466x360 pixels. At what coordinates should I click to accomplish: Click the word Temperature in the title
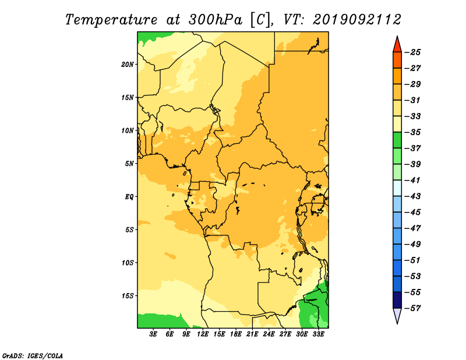pyautogui.click(x=111, y=20)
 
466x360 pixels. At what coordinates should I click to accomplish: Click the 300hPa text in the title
pyautogui.click(x=215, y=20)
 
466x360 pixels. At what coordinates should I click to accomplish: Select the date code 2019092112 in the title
pyautogui.click(x=357, y=20)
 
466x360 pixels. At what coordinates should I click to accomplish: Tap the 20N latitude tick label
pyautogui.click(x=127, y=65)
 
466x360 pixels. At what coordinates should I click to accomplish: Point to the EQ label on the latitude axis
pyautogui.click(x=129, y=197)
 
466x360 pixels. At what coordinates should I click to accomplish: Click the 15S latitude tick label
pyautogui.click(x=127, y=296)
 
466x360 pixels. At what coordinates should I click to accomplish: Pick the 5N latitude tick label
pyautogui.click(x=129, y=164)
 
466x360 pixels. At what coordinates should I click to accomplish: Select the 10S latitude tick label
pyautogui.click(x=127, y=263)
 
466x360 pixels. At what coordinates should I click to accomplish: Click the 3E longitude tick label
pyautogui.click(x=153, y=334)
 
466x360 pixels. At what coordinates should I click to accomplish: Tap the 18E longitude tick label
pyautogui.click(x=235, y=334)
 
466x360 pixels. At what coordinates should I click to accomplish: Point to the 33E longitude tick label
pyautogui.click(x=318, y=334)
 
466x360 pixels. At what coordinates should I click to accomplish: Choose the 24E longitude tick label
pyautogui.click(x=269, y=334)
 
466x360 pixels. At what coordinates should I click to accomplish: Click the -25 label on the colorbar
pyautogui.click(x=412, y=52)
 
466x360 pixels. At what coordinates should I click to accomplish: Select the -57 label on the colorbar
pyautogui.click(x=412, y=308)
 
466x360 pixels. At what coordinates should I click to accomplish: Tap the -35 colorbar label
pyautogui.click(x=412, y=132)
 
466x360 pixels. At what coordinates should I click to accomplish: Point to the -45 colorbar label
pyautogui.click(x=412, y=212)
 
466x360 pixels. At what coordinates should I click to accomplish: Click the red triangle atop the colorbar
pyautogui.click(x=397, y=45)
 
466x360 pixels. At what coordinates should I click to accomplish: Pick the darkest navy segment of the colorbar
pyautogui.click(x=397, y=300)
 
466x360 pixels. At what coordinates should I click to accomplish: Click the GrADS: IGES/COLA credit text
pyautogui.click(x=33, y=355)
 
